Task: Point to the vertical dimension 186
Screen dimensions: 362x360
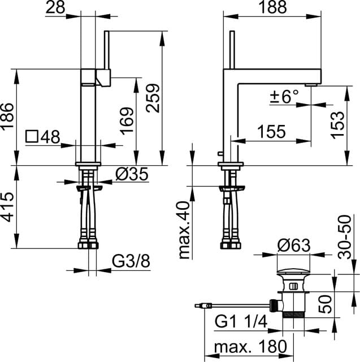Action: (x=7, y=117)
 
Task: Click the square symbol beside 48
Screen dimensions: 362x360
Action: (x=32, y=136)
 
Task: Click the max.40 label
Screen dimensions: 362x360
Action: (x=184, y=229)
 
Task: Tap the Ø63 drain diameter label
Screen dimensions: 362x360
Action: (x=293, y=245)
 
